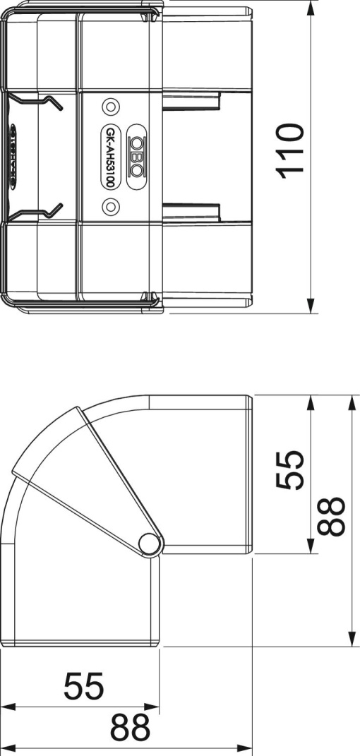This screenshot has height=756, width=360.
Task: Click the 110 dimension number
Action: coord(290,150)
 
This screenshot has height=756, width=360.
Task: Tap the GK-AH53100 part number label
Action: coord(111,156)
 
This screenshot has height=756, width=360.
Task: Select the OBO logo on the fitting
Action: coord(136,156)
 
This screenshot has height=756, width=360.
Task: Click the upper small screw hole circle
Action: coord(110,107)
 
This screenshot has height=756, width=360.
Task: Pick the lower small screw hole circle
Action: coord(110,205)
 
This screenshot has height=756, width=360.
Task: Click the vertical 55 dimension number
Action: coord(290,469)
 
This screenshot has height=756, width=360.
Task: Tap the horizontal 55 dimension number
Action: coord(84,685)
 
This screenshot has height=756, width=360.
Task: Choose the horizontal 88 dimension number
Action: coord(132,727)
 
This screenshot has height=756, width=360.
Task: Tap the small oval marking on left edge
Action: coord(13,156)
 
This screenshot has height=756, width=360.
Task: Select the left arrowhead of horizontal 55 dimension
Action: coord(7,706)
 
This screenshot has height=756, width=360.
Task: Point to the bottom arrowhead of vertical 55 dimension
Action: coord(311,548)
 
